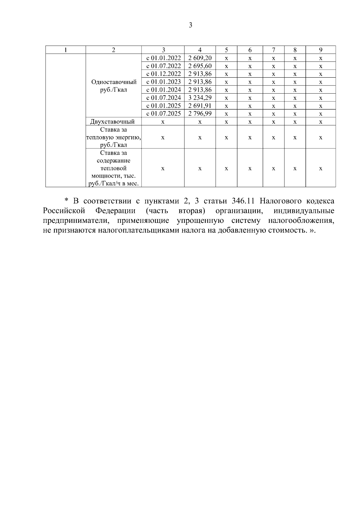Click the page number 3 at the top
[x=191, y=25]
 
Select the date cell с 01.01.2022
[x=163, y=58]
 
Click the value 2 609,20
[x=200, y=58]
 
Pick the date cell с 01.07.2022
[x=163, y=66]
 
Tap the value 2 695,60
[x=200, y=66]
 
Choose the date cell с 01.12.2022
[x=163, y=74]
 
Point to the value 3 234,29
[x=200, y=98]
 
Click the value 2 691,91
[x=200, y=106]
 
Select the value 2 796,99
[x=200, y=113]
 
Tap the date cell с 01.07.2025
[x=163, y=113]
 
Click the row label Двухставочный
[x=112, y=121]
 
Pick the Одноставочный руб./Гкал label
[x=114, y=86]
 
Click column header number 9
[x=320, y=50]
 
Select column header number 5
[x=226, y=50]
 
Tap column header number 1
[x=65, y=50]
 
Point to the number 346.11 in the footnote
[x=241, y=201]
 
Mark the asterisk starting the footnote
[x=67, y=200]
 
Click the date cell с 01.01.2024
[x=163, y=90]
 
